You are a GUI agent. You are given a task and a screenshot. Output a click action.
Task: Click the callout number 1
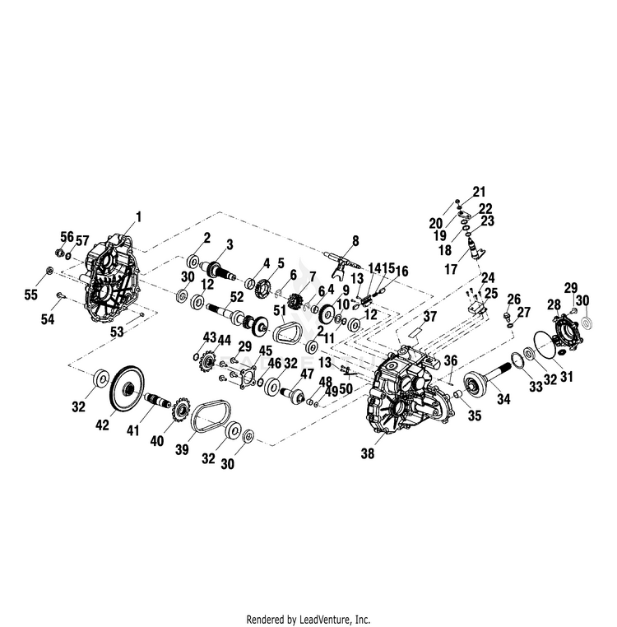(x=139, y=217)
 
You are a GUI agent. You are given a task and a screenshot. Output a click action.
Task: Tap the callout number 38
(x=368, y=453)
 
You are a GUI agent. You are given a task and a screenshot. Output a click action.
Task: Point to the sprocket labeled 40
(x=180, y=411)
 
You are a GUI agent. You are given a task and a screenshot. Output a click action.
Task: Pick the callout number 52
(x=237, y=297)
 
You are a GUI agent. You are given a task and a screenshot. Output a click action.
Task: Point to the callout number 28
(x=554, y=305)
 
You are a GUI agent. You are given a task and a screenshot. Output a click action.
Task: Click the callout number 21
(x=479, y=192)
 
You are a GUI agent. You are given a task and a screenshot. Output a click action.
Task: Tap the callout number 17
(x=451, y=269)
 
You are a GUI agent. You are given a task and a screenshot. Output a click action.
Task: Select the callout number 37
(x=430, y=317)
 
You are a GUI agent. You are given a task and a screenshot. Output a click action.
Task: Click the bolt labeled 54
(x=60, y=295)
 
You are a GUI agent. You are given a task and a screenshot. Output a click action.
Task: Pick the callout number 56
(x=67, y=237)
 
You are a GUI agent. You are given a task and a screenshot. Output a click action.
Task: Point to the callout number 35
(x=475, y=416)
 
